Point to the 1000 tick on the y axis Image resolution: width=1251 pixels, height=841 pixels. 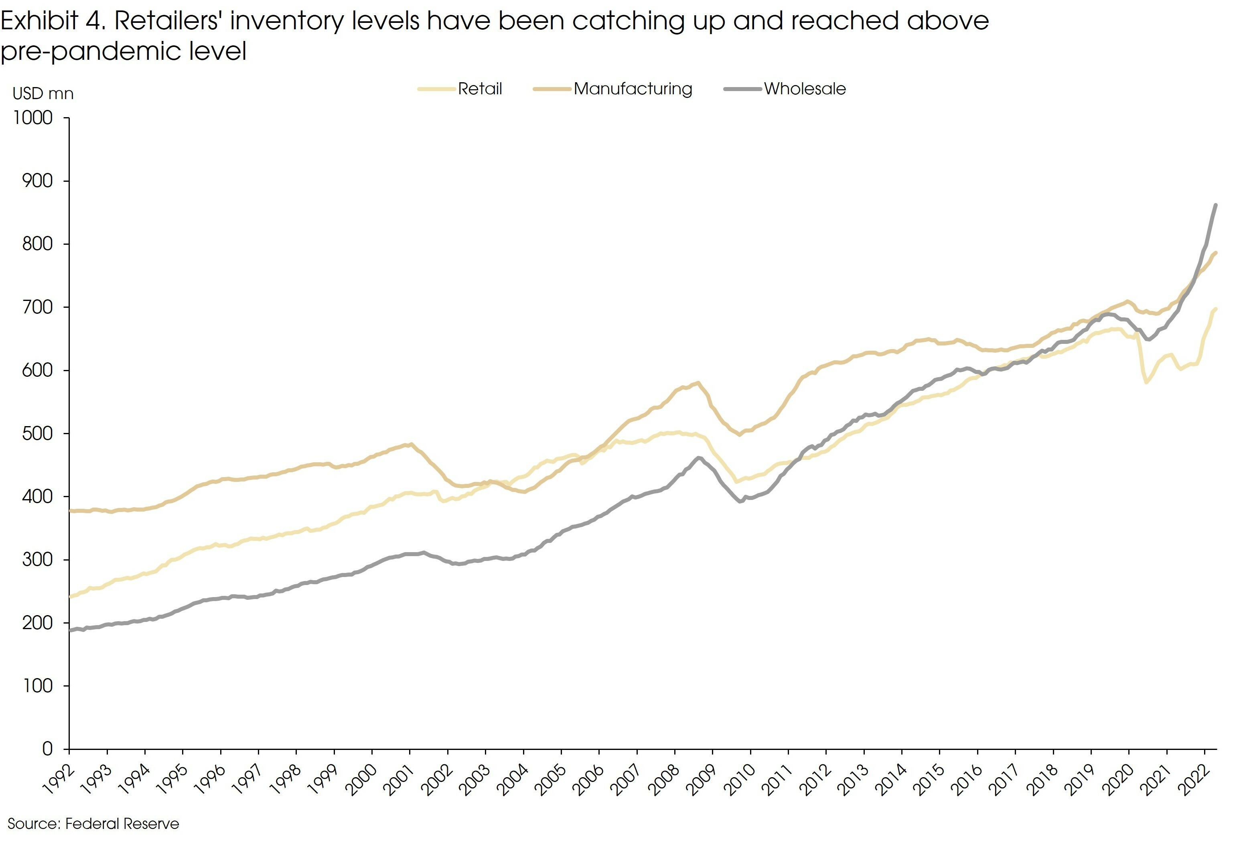33,118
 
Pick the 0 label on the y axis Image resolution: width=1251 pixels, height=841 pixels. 47,749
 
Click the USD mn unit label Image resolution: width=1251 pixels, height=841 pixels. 43,94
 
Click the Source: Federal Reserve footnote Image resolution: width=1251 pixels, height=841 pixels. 93,823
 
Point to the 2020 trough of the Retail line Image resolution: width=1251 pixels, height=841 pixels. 1146,382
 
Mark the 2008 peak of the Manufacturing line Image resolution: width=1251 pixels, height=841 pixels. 698,383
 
